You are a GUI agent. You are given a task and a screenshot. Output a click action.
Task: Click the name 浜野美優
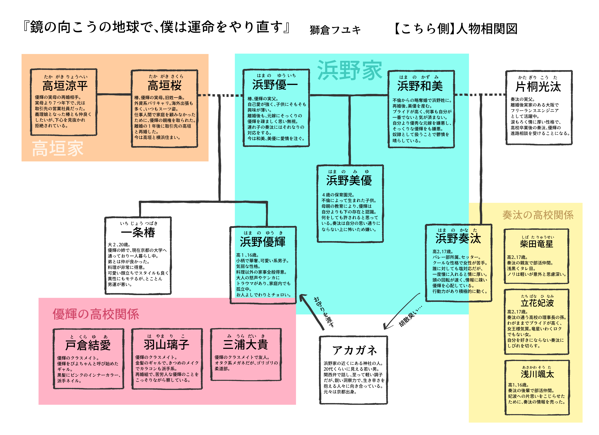[349, 180]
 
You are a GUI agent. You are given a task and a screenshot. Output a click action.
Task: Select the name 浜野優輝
[263, 242]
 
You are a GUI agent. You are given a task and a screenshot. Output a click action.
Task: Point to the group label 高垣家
[58, 148]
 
